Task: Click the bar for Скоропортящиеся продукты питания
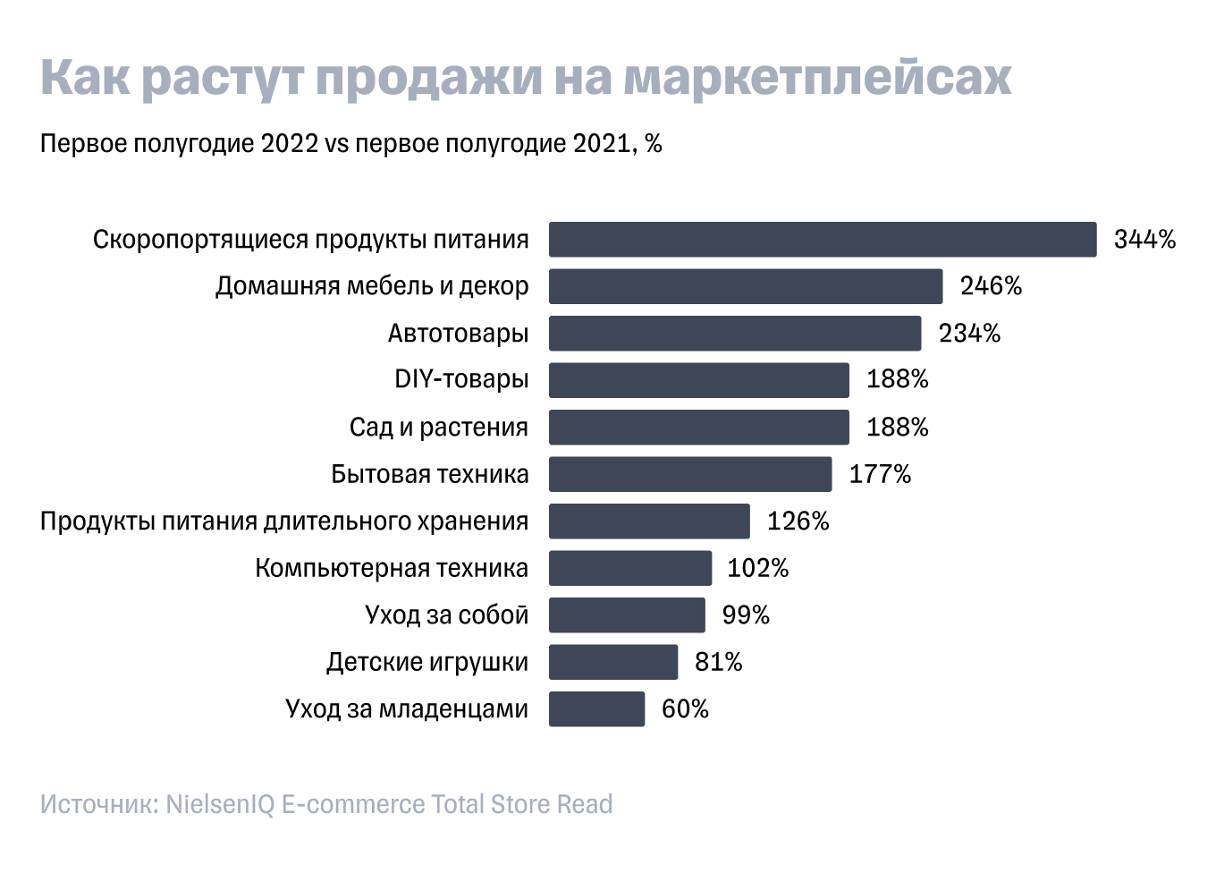(x=822, y=240)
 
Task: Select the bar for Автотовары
(x=734, y=334)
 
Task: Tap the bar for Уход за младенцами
(x=596, y=709)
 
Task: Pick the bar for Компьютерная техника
(x=629, y=569)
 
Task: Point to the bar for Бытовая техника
(x=689, y=474)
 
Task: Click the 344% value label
(x=1144, y=240)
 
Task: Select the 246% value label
(x=991, y=286)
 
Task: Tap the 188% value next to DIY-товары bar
(x=897, y=380)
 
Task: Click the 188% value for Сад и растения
(x=897, y=428)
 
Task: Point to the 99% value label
(x=745, y=615)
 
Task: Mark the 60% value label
(x=685, y=709)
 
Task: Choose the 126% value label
(x=798, y=521)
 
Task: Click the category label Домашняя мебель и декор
(x=372, y=286)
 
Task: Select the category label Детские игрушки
(x=426, y=663)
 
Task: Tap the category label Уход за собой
(x=446, y=615)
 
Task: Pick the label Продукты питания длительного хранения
(x=284, y=521)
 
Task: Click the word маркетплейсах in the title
(x=817, y=79)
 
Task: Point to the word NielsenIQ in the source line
(x=220, y=804)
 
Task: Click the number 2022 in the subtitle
(x=290, y=144)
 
